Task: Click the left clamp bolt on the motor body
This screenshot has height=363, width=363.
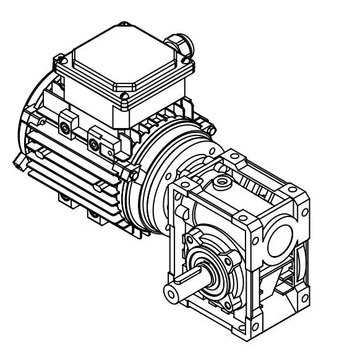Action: pyautogui.click(x=65, y=127)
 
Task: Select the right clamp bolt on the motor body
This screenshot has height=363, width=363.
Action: pyautogui.click(x=93, y=145)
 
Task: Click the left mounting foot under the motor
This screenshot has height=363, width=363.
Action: pyautogui.click(x=65, y=198)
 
